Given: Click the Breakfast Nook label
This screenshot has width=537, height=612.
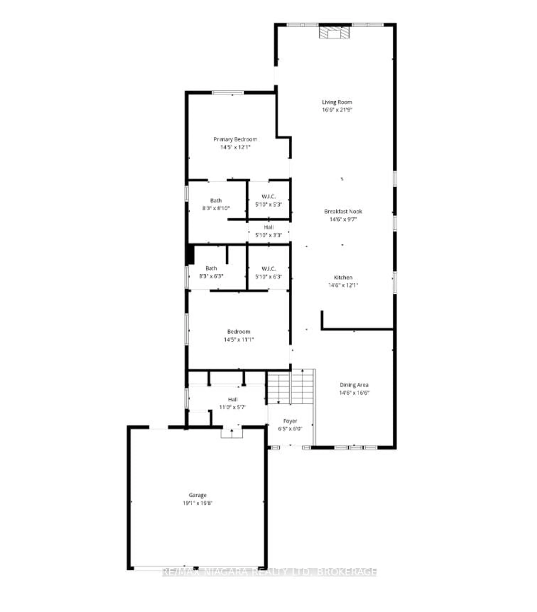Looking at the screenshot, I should coord(343,211).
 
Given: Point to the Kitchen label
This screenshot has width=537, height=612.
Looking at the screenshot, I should coord(343,278).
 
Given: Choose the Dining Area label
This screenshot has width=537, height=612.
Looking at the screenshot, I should coord(354,385).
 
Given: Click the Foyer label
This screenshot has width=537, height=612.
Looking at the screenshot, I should coord(290,421).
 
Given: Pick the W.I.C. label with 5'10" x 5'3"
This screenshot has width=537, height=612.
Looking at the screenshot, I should coord(268,197).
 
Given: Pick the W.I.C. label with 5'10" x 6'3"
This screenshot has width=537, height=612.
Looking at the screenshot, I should coord(268,269).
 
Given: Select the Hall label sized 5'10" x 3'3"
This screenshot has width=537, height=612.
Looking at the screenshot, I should coord(268,227).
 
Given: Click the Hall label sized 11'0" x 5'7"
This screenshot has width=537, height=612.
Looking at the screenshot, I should coord(233,399).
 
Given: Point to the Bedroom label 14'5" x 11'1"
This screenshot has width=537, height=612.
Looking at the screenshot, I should coord(239,332).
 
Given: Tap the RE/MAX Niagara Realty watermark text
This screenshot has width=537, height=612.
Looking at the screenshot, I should coord(269,572).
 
